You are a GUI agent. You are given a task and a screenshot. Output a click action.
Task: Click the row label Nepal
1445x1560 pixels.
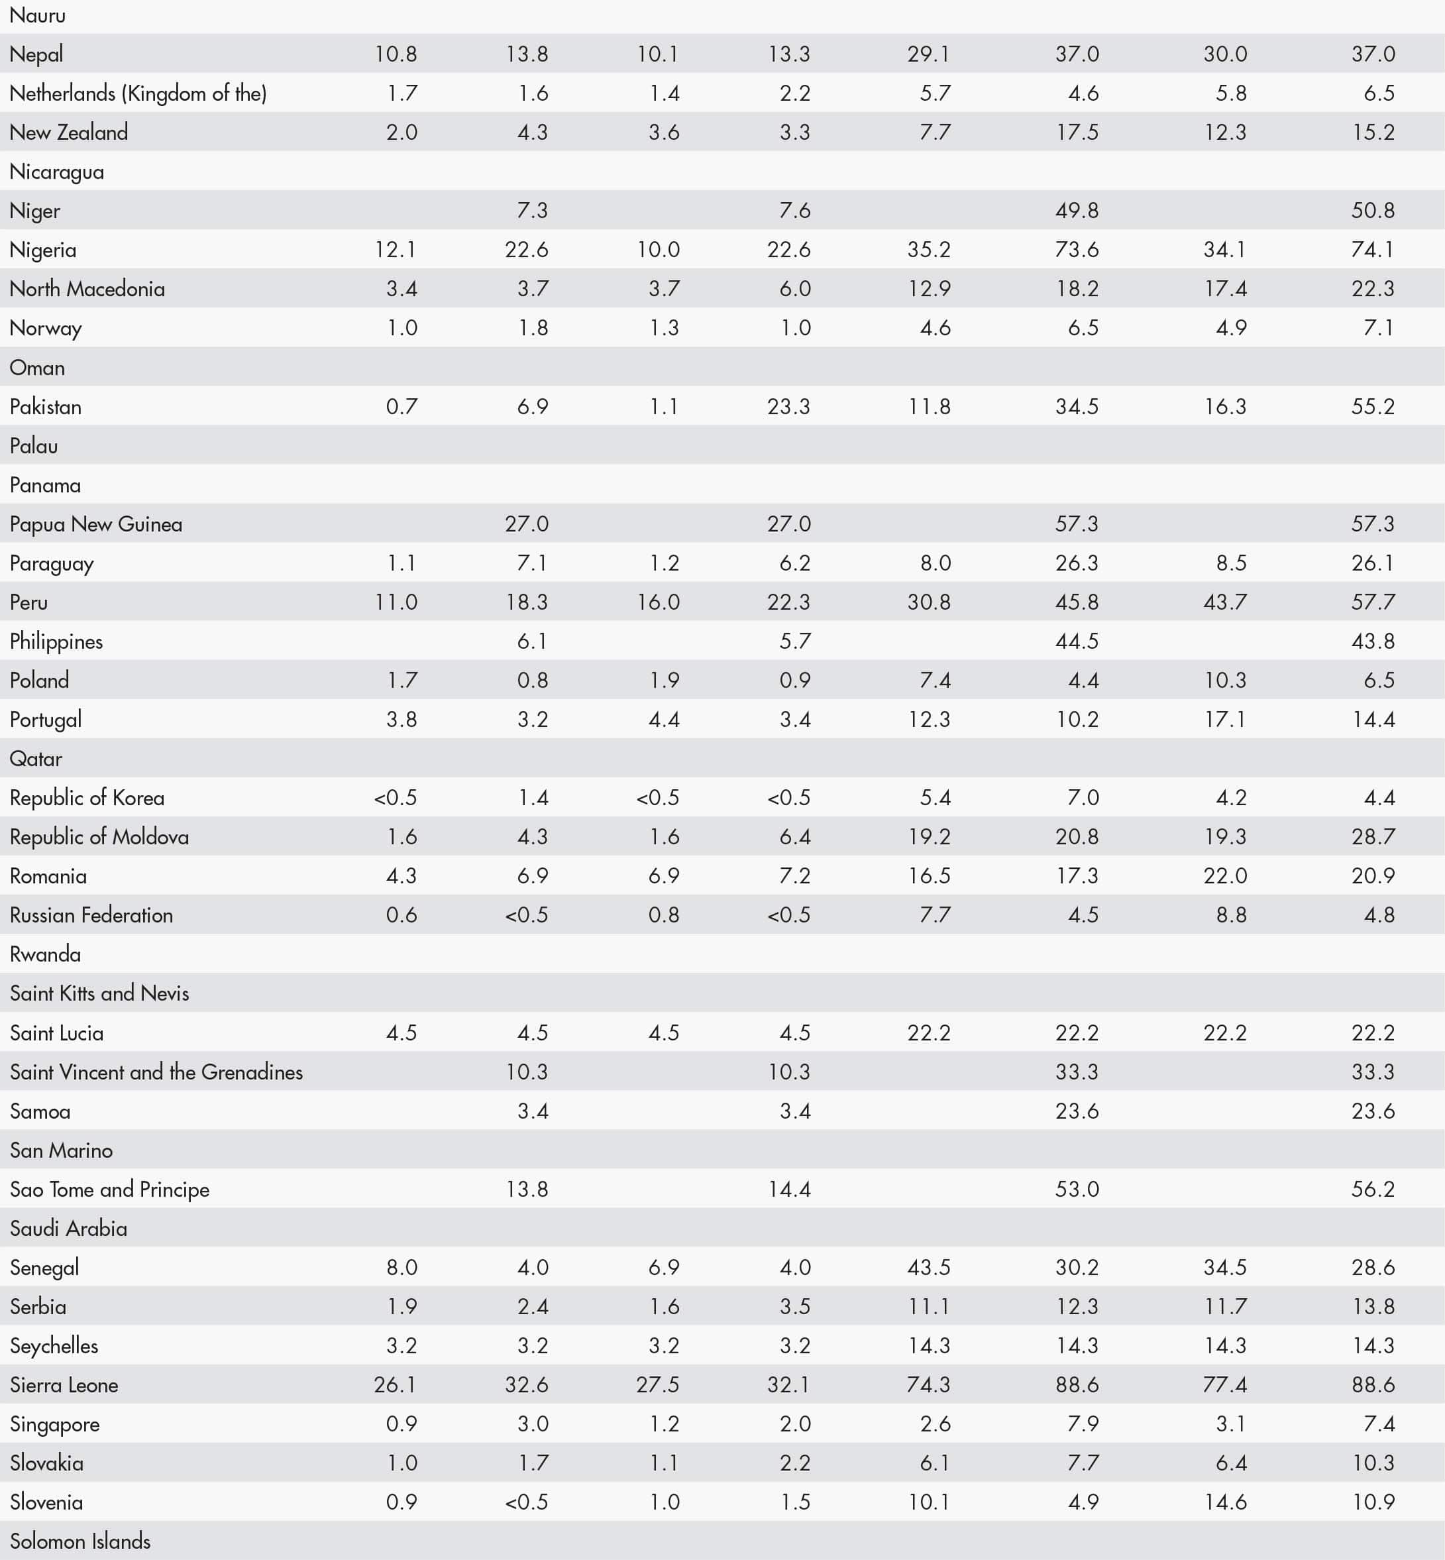[36, 54]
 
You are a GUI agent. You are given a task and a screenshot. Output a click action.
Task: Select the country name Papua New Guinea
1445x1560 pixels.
[95, 524]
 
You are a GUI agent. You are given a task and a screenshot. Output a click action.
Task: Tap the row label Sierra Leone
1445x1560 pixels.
[64, 1385]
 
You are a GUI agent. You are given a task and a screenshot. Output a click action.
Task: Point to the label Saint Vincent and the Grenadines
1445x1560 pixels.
[156, 1072]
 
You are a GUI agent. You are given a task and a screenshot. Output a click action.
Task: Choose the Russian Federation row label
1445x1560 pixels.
[91, 915]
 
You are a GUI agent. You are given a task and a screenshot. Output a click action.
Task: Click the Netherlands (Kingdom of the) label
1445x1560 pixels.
[138, 93]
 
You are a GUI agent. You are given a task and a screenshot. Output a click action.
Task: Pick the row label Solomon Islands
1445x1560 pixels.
[80, 1541]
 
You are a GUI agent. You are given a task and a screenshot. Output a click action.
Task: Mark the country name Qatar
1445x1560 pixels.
[36, 759]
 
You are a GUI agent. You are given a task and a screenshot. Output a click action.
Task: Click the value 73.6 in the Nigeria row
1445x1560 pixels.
[1076, 249]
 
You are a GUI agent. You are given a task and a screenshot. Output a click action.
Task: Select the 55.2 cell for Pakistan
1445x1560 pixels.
[1372, 407]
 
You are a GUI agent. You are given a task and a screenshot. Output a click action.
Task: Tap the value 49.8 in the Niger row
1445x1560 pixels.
[1076, 210]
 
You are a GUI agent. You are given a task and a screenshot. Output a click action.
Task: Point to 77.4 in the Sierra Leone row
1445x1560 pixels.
[1224, 1385]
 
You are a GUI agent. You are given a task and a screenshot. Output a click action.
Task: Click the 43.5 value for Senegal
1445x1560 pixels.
[928, 1268]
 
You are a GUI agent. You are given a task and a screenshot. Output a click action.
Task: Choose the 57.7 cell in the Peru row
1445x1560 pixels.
[1372, 602]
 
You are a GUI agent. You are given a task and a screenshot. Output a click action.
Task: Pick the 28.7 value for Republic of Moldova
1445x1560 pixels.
[1372, 837]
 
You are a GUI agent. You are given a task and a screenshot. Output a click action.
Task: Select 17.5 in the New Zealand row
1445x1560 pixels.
[1076, 132]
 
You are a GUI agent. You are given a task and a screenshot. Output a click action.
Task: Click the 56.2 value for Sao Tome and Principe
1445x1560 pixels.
[1372, 1190]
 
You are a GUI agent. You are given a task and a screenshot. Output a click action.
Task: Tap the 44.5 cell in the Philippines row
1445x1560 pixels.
[1076, 641]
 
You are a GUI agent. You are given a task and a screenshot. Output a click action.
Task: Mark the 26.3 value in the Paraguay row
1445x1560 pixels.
[1076, 563]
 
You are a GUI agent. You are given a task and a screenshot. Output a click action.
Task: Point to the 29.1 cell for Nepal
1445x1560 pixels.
[928, 54]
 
